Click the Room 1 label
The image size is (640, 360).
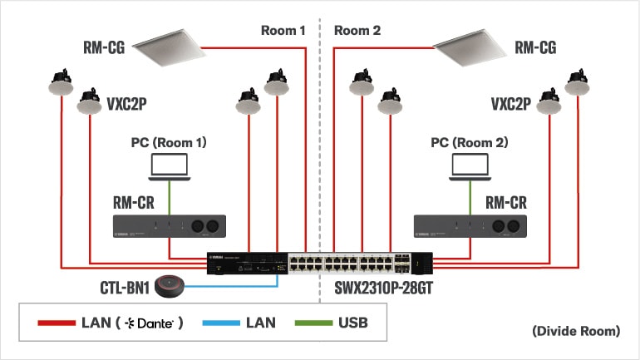(x=284, y=31)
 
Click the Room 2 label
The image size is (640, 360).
(x=357, y=31)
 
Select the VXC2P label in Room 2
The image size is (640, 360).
(x=510, y=105)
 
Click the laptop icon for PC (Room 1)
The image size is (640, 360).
(x=170, y=166)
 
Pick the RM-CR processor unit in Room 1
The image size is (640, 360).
(x=170, y=225)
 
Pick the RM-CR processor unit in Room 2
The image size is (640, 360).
(x=470, y=225)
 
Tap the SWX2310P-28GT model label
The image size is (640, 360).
(x=378, y=288)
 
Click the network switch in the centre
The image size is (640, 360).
(x=320, y=264)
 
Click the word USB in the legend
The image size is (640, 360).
(x=352, y=323)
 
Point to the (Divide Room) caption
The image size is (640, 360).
(x=576, y=331)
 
